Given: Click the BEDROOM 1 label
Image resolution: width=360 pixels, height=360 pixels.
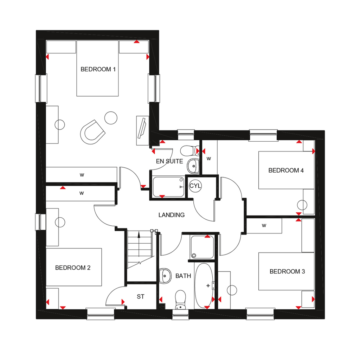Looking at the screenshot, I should point(98,69).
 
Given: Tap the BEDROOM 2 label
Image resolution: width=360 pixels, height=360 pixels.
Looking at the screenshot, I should point(73,268).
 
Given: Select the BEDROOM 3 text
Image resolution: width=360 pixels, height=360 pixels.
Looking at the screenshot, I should point(287,271).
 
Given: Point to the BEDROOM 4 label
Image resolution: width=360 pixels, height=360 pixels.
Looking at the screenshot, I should point(286,171).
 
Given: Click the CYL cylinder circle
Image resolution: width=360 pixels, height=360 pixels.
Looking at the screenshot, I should point(195,186).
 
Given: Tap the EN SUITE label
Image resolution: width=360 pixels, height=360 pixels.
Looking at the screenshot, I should point(169,161).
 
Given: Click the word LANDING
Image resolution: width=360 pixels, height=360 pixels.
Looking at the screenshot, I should point(172,215).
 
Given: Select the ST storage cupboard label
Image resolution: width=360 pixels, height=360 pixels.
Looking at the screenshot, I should point(141,297).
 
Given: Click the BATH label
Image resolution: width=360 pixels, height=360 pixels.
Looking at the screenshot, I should point(183,276).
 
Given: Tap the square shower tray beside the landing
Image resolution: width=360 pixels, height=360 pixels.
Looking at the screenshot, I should point(202,247).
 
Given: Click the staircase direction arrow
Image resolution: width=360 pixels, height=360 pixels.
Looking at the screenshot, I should point(140,239).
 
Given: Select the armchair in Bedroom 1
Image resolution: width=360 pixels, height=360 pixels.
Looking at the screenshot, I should point(93,131).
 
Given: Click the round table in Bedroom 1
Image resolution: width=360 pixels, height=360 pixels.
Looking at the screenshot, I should point(111,117).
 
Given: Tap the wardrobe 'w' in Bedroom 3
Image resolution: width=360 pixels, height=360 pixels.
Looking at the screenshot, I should point(264,226).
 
